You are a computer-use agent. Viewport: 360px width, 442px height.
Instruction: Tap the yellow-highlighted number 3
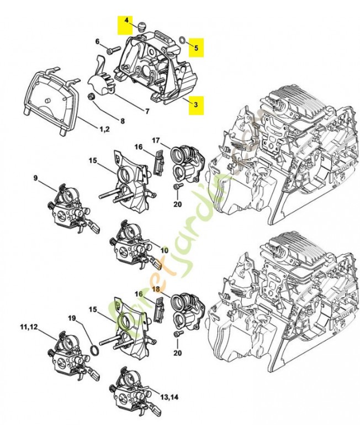(x=196, y=103)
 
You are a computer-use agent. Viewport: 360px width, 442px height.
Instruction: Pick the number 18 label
(x=156, y=289)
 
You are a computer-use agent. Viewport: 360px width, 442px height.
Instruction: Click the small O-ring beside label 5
(x=182, y=39)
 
